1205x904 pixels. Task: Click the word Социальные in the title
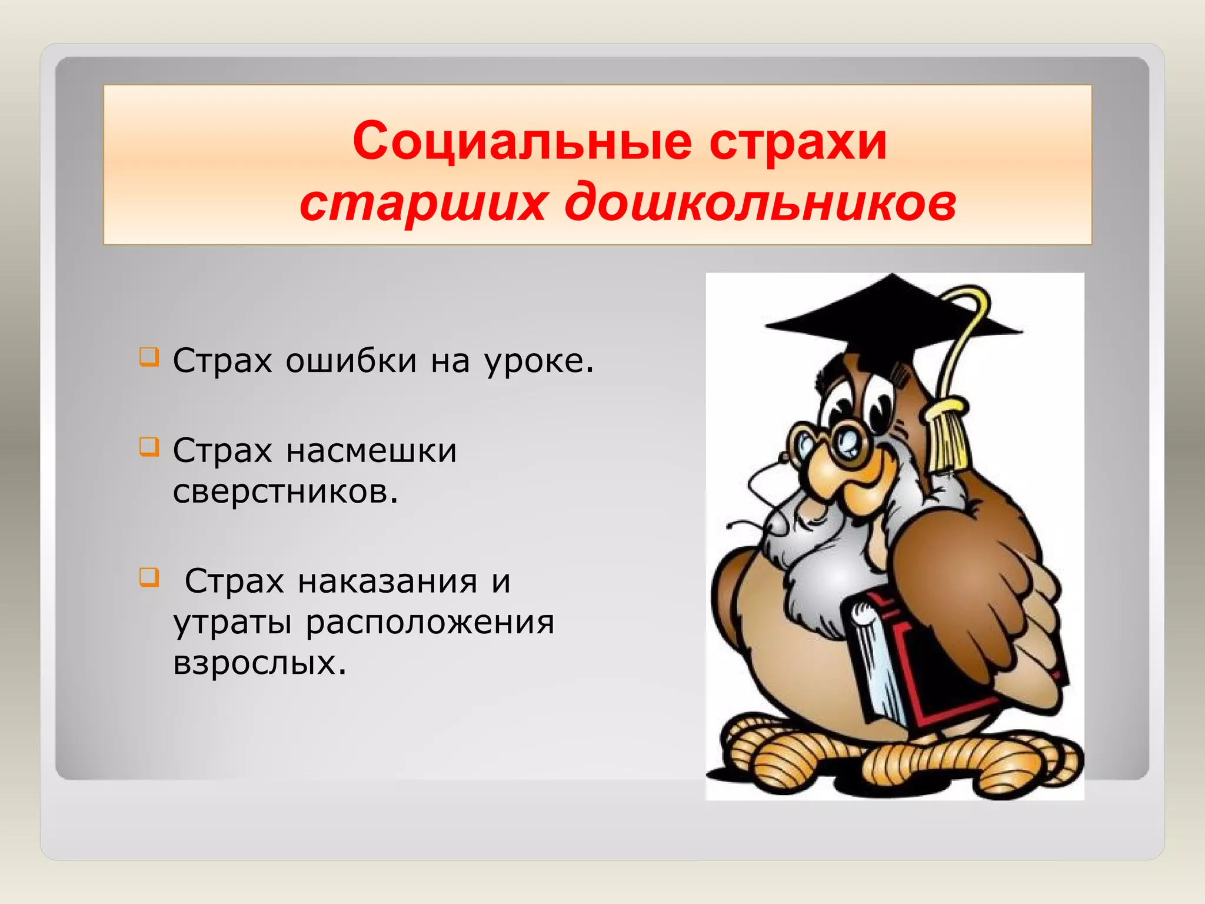pyautogui.click(x=522, y=142)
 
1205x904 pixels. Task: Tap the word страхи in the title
pyautogui.click(x=798, y=142)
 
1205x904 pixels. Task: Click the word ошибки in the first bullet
pyautogui.click(x=351, y=361)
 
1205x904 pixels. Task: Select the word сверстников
pyautogui.click(x=285, y=491)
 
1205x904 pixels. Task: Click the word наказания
pyautogui.click(x=387, y=581)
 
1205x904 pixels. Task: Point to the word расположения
pyautogui.click(x=430, y=622)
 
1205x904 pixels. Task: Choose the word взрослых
pyautogui.click(x=259, y=663)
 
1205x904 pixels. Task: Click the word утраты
pyautogui.click(x=232, y=622)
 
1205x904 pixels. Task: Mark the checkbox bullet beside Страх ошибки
pyautogui.click(x=149, y=357)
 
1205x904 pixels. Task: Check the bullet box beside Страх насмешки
pyautogui.click(x=149, y=447)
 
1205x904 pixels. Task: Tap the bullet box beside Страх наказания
pyautogui.click(x=149, y=577)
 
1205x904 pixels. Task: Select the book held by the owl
pyautogui.click(x=918, y=665)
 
